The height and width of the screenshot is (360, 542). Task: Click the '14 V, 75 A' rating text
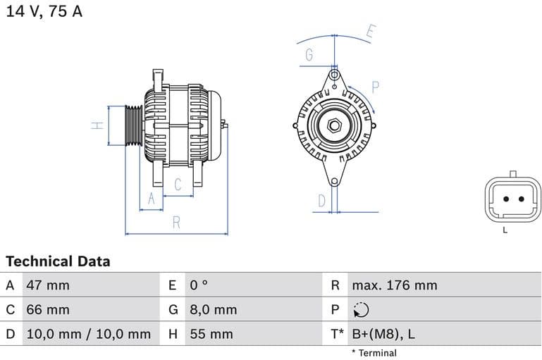44,12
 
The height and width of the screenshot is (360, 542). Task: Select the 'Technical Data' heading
58,261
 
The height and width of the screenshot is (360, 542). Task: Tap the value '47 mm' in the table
48,285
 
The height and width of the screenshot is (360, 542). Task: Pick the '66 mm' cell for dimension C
48,309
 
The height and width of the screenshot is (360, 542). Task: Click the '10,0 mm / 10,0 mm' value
88,334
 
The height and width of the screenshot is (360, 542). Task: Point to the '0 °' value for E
199,285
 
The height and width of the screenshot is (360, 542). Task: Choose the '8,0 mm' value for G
213,309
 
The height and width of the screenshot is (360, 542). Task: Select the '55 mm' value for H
211,334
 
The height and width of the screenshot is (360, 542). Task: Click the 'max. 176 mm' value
394,285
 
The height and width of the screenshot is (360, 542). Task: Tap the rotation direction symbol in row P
360,310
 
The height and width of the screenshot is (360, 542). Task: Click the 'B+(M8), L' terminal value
383,334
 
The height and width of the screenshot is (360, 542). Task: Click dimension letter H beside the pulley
97,125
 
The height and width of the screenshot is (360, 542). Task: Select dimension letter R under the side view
176,223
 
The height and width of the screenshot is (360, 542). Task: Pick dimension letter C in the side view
178,185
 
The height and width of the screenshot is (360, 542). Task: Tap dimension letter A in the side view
150,199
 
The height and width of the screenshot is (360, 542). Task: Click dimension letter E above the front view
371,32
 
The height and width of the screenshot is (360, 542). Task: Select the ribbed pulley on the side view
133,126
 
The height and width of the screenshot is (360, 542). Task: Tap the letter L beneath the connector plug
505,230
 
